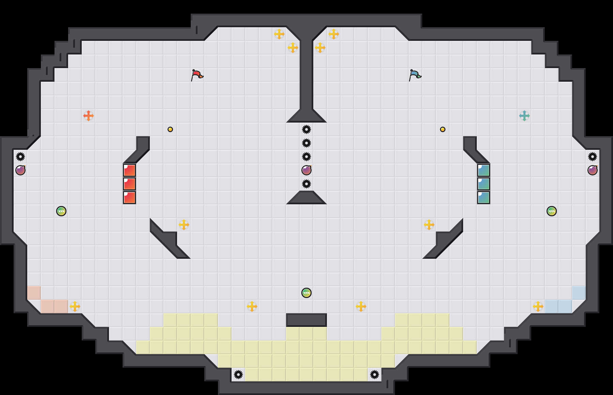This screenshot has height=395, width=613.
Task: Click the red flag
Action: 197,75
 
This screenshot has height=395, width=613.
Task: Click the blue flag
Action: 415,75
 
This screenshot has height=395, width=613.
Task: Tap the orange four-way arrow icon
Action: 89,116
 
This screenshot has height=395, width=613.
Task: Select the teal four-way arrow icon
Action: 524,116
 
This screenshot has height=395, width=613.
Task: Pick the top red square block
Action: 129,170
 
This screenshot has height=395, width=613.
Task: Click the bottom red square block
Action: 129,197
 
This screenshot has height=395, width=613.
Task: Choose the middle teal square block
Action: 484,184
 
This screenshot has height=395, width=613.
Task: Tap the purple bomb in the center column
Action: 306,170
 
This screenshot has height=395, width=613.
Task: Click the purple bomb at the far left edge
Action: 20,170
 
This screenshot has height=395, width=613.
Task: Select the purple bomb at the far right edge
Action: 593,170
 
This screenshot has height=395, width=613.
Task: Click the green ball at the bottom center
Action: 306,293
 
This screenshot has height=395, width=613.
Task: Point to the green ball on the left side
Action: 61,211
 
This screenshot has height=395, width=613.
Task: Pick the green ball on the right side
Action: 552,211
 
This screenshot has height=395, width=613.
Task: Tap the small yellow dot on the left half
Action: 170,129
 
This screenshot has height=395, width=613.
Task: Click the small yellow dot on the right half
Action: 443,129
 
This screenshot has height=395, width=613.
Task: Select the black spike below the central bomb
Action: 306,184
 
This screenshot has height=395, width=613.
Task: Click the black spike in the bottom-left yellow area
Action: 238,375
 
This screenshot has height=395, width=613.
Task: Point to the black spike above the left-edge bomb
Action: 20,157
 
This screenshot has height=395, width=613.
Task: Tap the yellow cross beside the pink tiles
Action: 75,306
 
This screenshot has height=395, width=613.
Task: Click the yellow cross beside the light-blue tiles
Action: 538,306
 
